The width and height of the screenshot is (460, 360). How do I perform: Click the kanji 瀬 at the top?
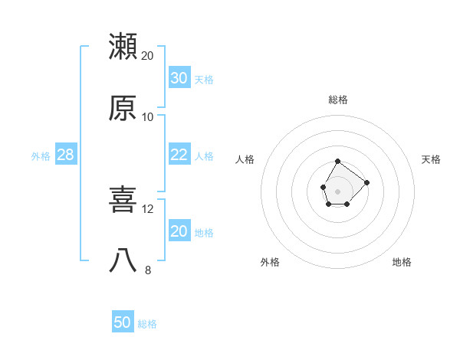click(123, 46)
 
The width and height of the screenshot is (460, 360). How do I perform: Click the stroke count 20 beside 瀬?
click(148, 55)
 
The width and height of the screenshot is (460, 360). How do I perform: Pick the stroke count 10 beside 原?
click(148, 116)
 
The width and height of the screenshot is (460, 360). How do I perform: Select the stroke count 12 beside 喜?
click(148, 208)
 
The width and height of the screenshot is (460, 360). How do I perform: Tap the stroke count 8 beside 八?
click(148, 270)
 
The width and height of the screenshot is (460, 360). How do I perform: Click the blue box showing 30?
click(179, 78)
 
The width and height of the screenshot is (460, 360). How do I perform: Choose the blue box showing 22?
click(179, 155)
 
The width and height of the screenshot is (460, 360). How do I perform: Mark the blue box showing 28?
click(66, 155)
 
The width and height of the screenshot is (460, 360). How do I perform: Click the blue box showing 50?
click(123, 322)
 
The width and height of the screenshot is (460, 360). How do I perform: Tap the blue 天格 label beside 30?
click(204, 80)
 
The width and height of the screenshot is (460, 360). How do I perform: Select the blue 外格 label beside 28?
click(41, 156)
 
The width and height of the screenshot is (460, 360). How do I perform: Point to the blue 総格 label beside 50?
click(147, 324)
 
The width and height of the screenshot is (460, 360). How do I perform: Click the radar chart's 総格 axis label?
click(338, 100)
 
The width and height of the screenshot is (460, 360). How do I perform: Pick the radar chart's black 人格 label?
click(245, 159)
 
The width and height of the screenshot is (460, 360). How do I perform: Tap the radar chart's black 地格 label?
click(402, 262)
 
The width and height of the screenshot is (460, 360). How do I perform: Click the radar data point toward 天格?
click(367, 182)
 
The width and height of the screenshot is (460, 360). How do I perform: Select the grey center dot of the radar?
click(337, 190)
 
